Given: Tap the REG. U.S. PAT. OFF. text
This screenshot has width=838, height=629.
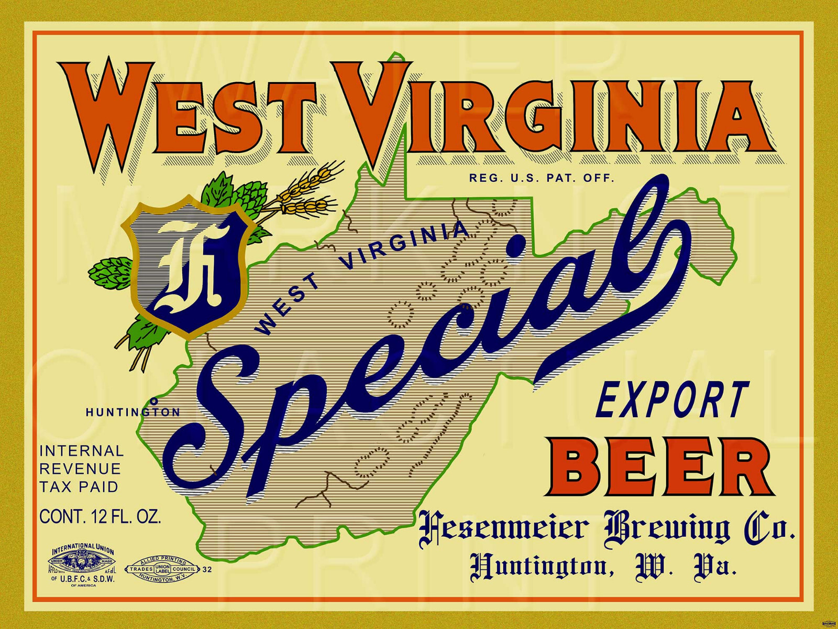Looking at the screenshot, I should pos(541,178).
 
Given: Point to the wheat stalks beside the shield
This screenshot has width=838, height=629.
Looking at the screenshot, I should pos(306,189).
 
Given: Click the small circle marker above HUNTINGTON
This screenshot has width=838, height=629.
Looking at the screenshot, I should pos(154,401).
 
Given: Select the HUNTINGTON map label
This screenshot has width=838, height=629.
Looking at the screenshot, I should pos(133,413).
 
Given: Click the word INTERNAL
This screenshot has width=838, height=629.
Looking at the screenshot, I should pos(82,451).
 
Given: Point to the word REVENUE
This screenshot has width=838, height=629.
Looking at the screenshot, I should pos(80,469).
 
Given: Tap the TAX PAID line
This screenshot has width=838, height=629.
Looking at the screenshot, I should pos(79,487).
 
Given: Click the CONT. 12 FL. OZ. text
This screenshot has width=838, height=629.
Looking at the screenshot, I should pos(100,517).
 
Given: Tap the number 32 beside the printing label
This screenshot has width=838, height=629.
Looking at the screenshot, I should pos(207,570).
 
